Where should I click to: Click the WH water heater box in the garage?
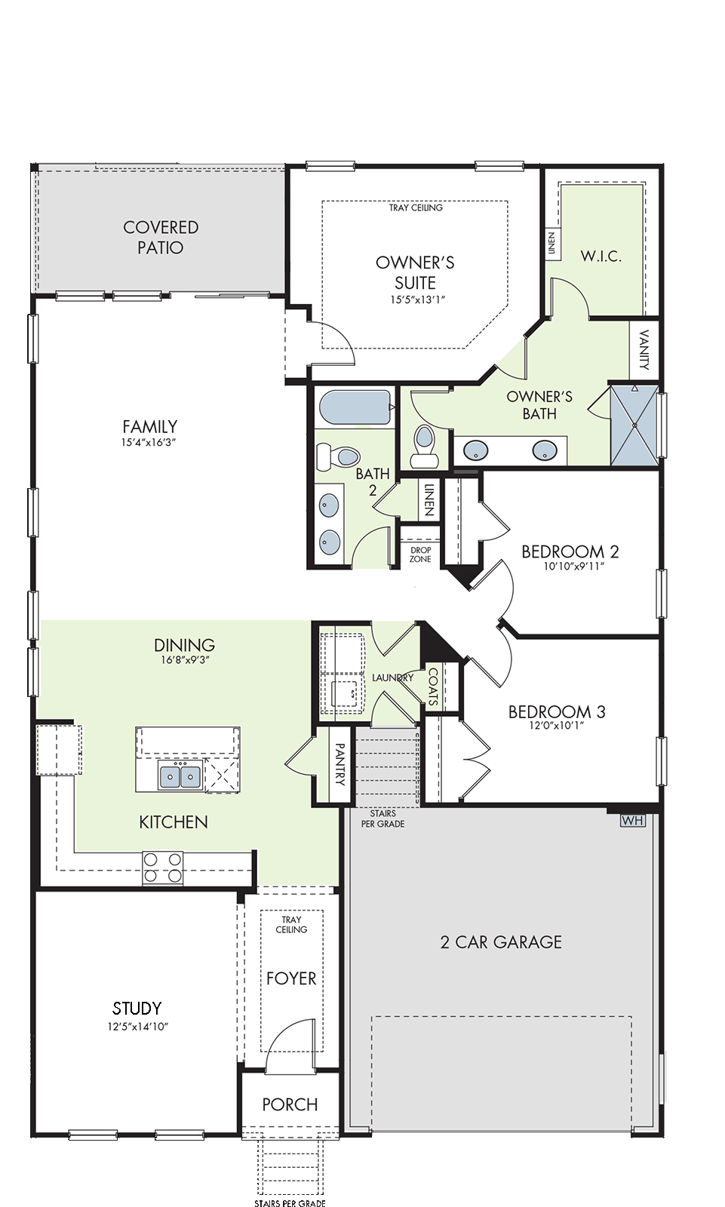click(x=632, y=821)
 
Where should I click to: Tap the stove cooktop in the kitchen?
click(x=163, y=868)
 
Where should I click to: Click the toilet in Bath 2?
click(x=338, y=456)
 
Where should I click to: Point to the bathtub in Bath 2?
click(x=356, y=408)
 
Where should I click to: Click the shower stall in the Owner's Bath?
click(x=634, y=425)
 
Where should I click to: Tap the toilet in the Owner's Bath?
click(x=425, y=447)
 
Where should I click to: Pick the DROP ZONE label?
click(x=420, y=554)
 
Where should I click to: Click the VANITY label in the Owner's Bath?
click(x=644, y=350)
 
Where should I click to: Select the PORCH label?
click(x=290, y=1104)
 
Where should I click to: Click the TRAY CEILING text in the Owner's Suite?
click(x=416, y=207)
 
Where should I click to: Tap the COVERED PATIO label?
click(x=161, y=237)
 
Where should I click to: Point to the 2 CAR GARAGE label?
click(x=501, y=942)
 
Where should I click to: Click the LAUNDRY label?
click(x=392, y=678)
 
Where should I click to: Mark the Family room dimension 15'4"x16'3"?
click(x=150, y=442)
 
